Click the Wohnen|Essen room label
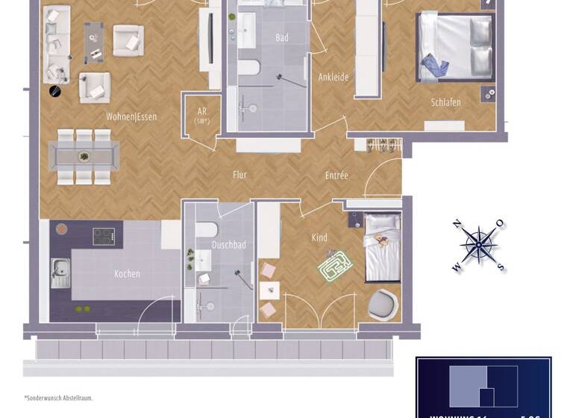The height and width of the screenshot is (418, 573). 131,116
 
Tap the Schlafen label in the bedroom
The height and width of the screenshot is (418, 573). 445,102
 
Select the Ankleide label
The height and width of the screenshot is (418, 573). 334,77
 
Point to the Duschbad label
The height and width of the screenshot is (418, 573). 228,245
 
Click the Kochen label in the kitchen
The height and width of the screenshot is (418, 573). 127,274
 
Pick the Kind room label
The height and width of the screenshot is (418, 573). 319,237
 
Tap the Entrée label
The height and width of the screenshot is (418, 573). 336,175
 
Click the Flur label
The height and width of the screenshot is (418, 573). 239,175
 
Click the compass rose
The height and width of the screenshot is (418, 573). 477,245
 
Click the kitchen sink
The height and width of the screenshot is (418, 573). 60,272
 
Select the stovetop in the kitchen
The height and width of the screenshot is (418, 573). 103,237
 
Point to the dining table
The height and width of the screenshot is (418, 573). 84,156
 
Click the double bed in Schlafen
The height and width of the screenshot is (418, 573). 454,47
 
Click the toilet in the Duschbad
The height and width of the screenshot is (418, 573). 208,230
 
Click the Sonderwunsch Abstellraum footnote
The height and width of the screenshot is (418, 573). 58,399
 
